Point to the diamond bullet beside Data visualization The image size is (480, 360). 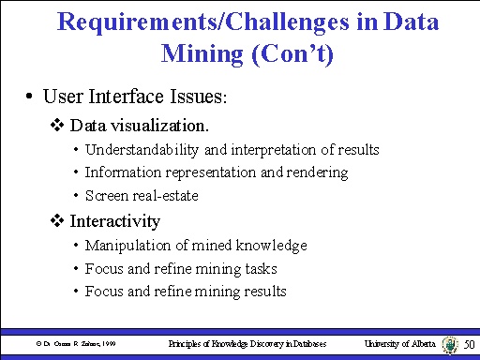tap(57, 125)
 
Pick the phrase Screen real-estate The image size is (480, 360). tap(141, 195)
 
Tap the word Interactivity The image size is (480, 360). tap(114, 221)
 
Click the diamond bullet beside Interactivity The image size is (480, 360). tap(57, 221)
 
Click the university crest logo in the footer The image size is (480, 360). tap(456, 345)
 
